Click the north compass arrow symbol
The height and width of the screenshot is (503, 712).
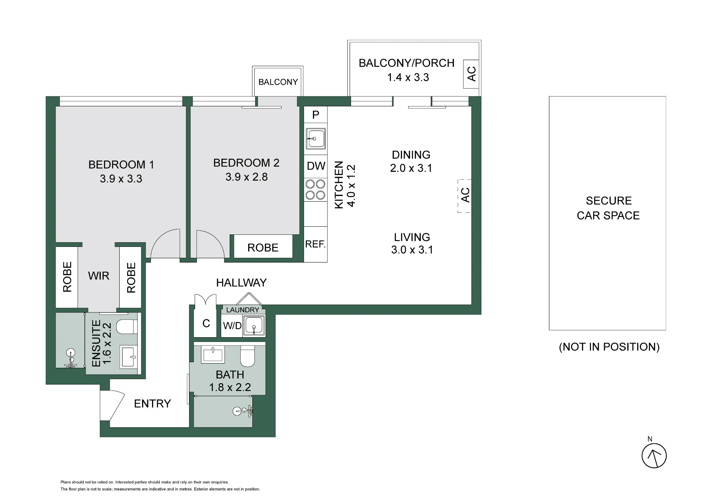(654, 456)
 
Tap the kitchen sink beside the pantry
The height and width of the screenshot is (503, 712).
(315, 138)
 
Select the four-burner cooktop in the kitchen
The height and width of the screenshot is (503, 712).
(315, 190)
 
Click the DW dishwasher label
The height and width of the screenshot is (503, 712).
(316, 166)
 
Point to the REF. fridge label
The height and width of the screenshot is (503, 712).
(315, 244)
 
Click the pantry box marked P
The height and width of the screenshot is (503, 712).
(315, 115)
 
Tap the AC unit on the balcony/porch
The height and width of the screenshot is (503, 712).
(471, 74)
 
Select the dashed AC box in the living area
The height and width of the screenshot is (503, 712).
(465, 196)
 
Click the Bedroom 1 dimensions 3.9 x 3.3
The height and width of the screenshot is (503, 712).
(121, 179)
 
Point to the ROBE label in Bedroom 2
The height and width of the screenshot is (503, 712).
(263, 248)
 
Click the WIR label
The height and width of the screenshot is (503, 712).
(99, 276)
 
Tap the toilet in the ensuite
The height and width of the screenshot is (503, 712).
(127, 327)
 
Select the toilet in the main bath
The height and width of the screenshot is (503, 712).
(247, 356)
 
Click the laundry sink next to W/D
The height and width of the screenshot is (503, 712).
(254, 325)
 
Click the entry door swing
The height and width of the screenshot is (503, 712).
(112, 406)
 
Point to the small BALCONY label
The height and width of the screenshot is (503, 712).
(278, 82)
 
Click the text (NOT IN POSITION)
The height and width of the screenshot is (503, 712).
(609, 347)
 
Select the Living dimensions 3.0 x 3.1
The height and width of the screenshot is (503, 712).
(412, 250)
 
